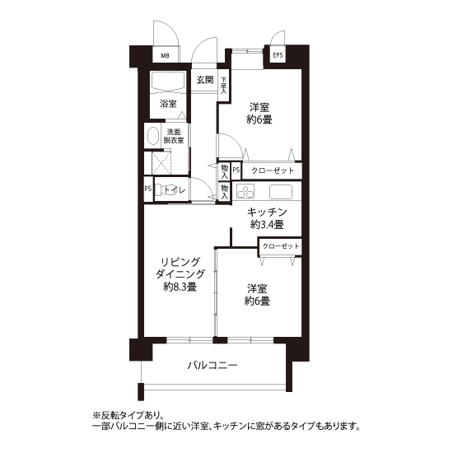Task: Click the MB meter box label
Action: click(165, 56)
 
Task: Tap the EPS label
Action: click(278, 55)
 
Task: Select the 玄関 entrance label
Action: click(205, 80)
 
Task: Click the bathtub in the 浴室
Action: click(168, 82)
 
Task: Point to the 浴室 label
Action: click(168, 104)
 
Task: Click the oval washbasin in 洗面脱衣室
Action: click(153, 136)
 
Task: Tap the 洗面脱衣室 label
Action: click(174, 136)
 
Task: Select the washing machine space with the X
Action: click(161, 162)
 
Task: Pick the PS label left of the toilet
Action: click(148, 189)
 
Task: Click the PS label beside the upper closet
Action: click(236, 170)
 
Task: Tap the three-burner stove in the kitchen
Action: click(245, 191)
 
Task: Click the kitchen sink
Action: click(281, 192)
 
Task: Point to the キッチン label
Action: click(267, 212)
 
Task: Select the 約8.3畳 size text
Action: click(180, 287)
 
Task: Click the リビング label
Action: click(180, 262)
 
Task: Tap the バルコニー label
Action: click(212, 366)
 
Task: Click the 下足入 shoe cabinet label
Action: click(224, 86)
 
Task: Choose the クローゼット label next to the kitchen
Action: click(281, 246)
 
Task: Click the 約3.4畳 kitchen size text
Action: click(267, 225)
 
